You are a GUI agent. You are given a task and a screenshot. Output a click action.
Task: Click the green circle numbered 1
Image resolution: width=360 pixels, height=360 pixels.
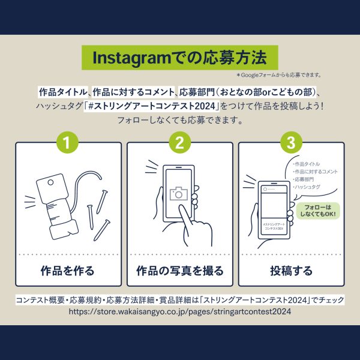(67, 143)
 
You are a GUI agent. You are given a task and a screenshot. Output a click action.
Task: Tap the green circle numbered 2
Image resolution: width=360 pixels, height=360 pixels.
(180, 143)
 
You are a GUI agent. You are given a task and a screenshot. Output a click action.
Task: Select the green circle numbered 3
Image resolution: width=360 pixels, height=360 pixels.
(291, 143)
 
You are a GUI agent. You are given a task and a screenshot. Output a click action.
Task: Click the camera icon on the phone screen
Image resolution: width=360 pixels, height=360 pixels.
(179, 194)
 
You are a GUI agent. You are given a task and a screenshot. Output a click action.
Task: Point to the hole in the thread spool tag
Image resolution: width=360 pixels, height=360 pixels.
(50, 183)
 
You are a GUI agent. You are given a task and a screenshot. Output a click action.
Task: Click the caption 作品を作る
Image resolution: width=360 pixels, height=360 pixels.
(67, 271)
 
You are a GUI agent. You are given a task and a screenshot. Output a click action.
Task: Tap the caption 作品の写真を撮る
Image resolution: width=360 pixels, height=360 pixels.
(180, 271)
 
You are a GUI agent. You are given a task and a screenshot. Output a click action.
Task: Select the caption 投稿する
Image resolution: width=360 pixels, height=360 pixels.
(291, 271)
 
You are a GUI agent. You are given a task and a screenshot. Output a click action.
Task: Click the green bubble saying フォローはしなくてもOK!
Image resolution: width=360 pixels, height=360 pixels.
(318, 211)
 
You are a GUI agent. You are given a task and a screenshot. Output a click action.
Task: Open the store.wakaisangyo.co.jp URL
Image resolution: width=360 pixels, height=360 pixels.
(180, 311)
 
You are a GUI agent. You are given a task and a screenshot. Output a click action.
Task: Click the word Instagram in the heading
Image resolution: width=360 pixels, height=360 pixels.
(132, 58)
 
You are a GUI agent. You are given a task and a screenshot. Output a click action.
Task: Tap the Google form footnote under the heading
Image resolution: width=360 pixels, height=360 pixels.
(279, 75)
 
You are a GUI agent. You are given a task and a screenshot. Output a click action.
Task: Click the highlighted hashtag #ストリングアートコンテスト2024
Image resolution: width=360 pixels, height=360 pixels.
(152, 106)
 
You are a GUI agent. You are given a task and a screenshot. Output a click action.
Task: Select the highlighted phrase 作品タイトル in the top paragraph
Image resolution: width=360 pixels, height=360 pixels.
(63, 92)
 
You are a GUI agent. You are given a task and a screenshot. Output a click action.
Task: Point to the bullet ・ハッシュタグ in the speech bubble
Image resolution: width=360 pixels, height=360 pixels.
(307, 187)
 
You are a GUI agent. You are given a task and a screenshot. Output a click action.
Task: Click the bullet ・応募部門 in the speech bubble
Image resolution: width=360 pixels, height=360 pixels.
(303, 179)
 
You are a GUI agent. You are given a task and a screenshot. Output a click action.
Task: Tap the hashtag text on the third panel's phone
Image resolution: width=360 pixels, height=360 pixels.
(274, 226)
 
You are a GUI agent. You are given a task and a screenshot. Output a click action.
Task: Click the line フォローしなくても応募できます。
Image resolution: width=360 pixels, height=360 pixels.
(180, 120)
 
